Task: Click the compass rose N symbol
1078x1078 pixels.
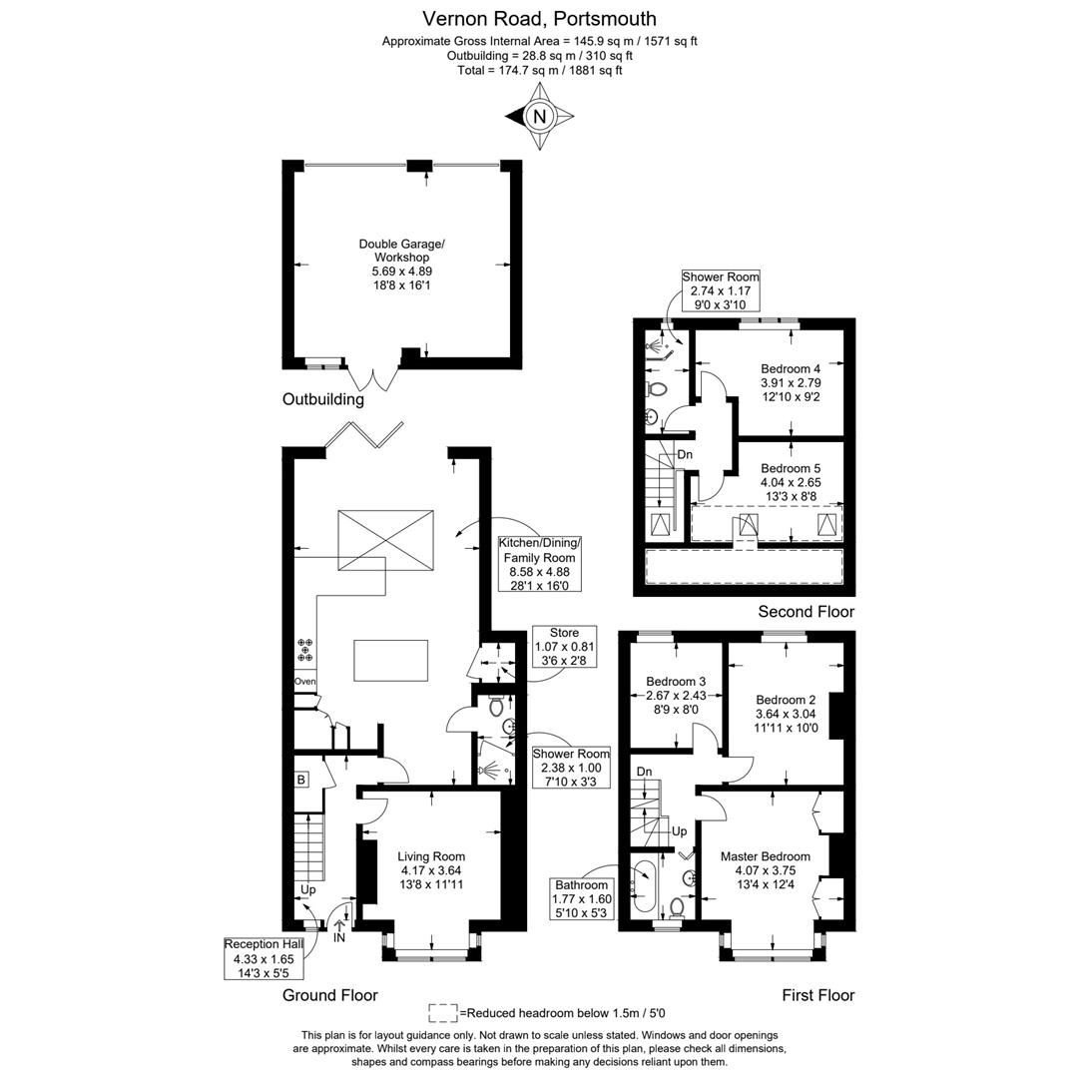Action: [540, 117]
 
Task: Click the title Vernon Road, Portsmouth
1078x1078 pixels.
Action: [539, 18]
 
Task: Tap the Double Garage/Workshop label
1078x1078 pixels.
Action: [402, 265]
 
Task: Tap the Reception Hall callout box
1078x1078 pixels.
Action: [264, 957]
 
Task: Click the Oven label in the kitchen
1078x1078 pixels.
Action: [304, 682]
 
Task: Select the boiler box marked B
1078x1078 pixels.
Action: [300, 780]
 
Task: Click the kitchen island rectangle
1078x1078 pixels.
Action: [390, 660]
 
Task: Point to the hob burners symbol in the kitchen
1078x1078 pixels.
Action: [304, 651]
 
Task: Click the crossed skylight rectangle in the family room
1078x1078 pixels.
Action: [386, 540]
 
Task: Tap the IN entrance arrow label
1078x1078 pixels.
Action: [339, 938]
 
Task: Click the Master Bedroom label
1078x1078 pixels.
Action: [766, 856]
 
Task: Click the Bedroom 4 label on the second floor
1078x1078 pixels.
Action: [791, 368]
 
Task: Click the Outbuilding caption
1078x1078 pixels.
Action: [323, 399]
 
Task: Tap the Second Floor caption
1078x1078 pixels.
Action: [806, 612]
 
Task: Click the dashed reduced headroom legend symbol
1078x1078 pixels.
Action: [443, 1012]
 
